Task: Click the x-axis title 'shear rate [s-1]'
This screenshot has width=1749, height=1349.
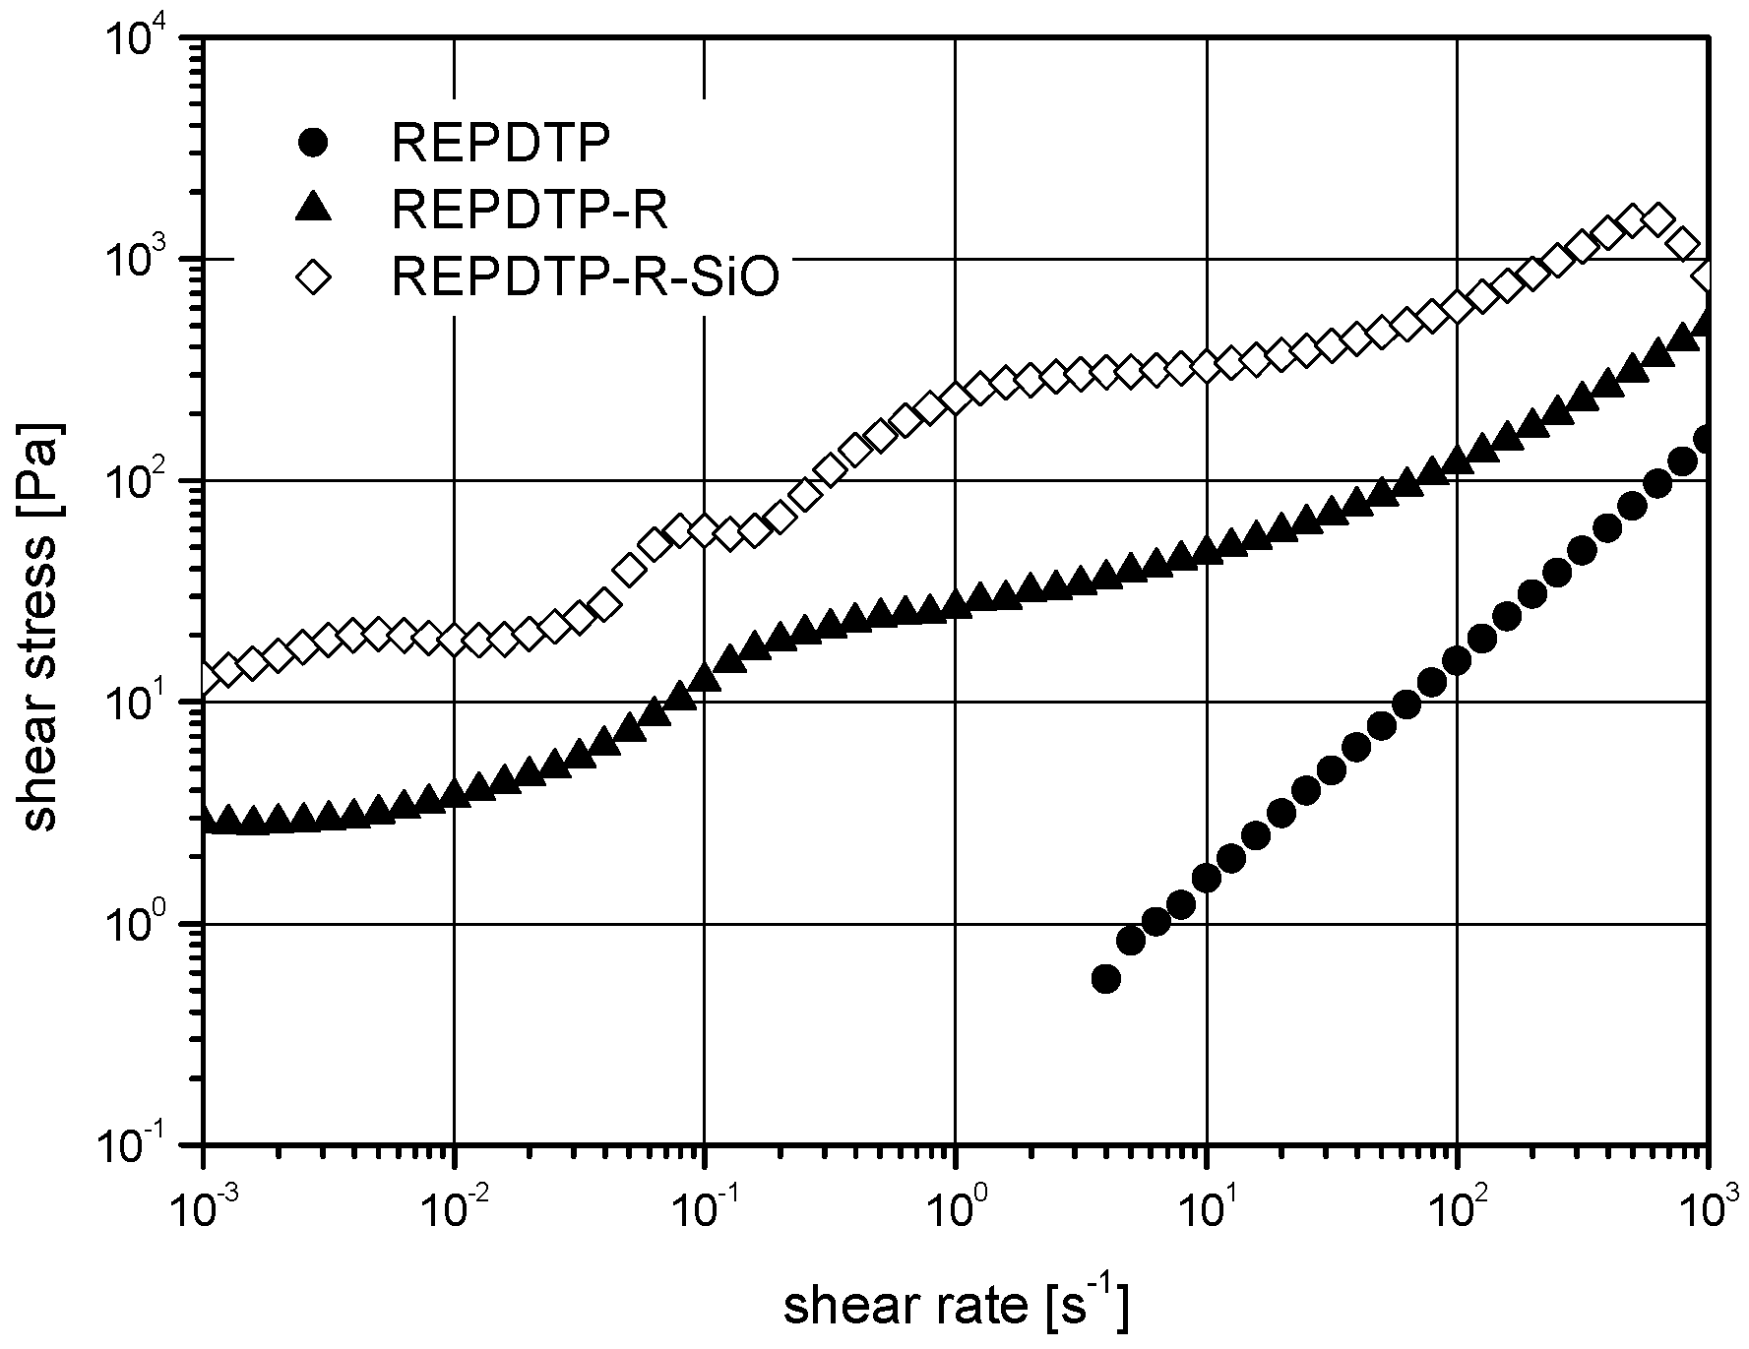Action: coord(955,1308)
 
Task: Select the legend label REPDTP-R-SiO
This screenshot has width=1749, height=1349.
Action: coord(586,278)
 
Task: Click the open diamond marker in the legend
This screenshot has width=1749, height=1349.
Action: coord(313,278)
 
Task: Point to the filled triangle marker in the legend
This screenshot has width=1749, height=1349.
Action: coord(313,210)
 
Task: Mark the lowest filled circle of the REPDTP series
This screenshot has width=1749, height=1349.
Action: coord(1105,979)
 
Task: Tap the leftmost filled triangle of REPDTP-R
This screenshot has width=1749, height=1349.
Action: coord(205,821)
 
